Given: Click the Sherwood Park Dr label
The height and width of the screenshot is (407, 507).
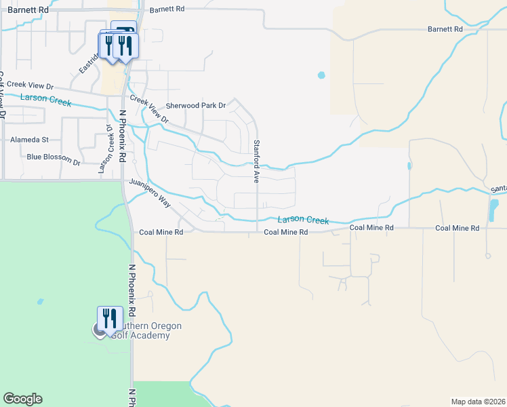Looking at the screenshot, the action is [x=196, y=106].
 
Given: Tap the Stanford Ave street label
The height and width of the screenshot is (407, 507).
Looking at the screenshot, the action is [x=257, y=161].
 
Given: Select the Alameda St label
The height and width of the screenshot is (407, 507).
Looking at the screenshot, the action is [x=30, y=140].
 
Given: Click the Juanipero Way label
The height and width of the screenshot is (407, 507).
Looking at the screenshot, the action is [x=150, y=194].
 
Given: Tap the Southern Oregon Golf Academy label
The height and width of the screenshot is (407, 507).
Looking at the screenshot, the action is [x=143, y=331].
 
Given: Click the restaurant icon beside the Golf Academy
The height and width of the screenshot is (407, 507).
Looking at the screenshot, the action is [x=108, y=317].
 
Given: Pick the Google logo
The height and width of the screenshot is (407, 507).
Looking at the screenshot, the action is [x=22, y=399].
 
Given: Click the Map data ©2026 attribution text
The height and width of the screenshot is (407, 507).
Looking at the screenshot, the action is [x=478, y=402].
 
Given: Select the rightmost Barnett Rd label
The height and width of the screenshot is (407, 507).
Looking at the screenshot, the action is [x=445, y=30].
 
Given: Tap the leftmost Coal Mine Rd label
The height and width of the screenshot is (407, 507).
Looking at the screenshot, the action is [x=161, y=232].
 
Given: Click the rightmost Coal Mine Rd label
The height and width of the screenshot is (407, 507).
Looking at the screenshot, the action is [x=458, y=229].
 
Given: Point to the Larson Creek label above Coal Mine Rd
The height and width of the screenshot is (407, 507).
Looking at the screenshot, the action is [x=303, y=220].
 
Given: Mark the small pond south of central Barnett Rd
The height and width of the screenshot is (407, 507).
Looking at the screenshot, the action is [x=321, y=75].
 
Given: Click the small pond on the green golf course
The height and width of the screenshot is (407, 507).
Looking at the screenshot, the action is [x=41, y=301].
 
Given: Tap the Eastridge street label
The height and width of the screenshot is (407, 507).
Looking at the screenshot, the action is [x=89, y=62].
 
